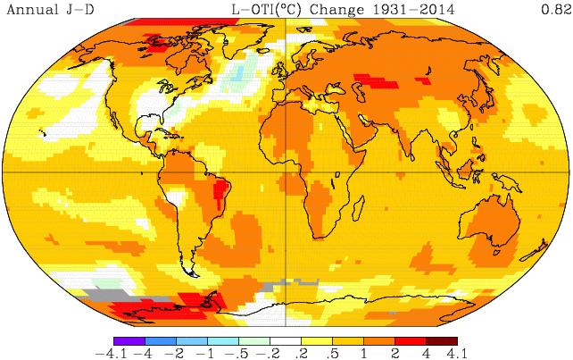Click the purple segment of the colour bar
[129, 340]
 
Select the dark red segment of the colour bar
[442, 340]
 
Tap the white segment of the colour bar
[286, 340]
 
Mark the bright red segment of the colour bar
[411, 340]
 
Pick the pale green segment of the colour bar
[254, 340]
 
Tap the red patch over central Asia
[375, 82]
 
